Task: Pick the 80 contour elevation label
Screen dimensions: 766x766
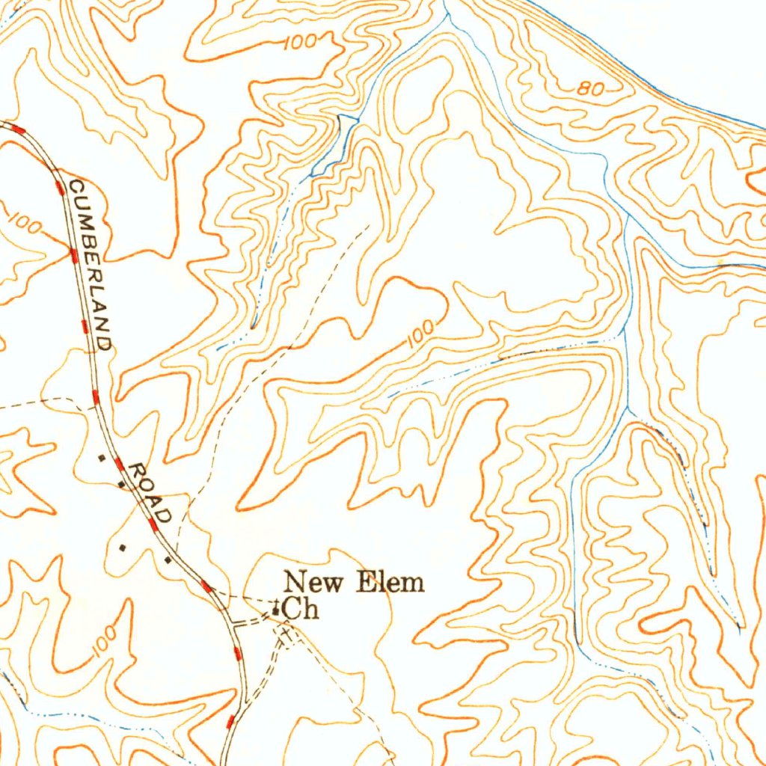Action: (590, 89)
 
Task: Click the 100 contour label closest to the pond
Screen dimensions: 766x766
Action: (301, 42)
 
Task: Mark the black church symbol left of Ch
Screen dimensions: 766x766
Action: (276, 610)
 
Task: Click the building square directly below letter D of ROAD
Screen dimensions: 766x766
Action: (167, 559)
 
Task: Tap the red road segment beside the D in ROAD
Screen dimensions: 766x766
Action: (154, 524)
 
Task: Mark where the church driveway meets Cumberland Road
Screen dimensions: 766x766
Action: (234, 622)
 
